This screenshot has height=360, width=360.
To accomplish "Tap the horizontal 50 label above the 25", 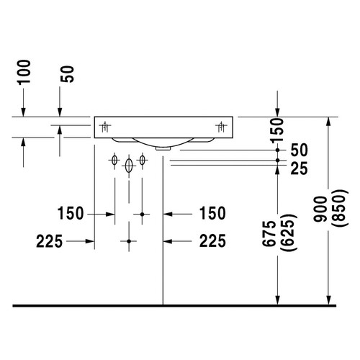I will tap(299, 150).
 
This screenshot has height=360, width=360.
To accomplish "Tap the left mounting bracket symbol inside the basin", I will tap(105, 127).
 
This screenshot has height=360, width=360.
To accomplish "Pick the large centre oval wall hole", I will tap(129, 166).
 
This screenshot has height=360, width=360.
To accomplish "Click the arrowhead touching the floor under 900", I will tap(328, 298).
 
